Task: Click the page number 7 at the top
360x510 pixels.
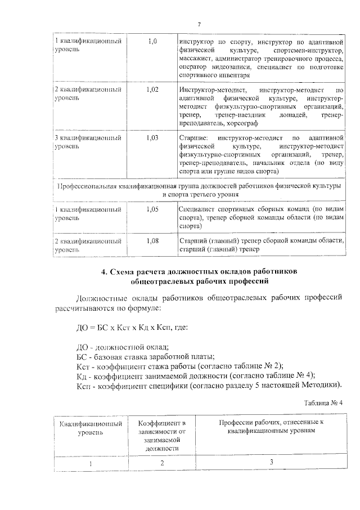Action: coord(199,24)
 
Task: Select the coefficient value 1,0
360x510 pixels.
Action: coord(152,41)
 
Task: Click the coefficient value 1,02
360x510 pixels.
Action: coord(152,90)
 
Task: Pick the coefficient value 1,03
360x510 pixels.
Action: coord(152,137)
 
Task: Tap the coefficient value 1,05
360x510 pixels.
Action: coord(152,208)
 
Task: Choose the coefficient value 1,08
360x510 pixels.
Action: coord(152,241)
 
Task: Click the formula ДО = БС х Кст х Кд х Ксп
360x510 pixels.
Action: coord(129,328)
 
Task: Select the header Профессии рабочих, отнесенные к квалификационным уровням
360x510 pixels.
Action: coord(269,425)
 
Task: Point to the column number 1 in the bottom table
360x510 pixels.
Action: coord(89,463)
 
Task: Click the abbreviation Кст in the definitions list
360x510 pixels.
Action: coord(83,366)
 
